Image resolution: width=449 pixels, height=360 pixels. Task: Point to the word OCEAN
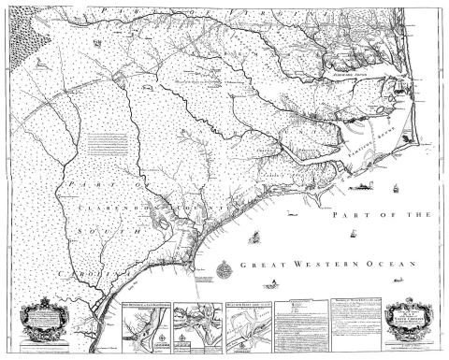pos(379,266)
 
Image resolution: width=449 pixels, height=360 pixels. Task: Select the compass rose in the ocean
pos(224,272)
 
